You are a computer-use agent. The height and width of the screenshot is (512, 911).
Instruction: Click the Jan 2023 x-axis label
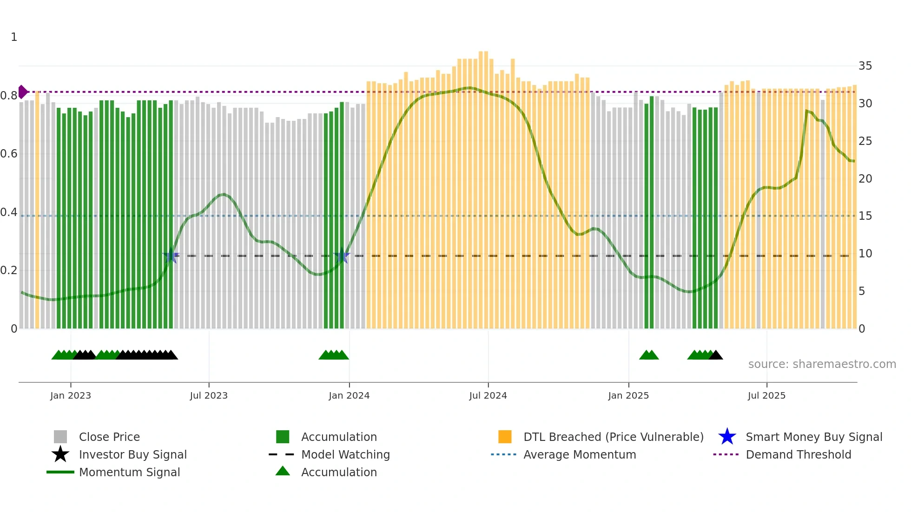click(71, 395)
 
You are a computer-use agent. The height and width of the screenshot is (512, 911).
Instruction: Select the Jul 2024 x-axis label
click(488, 395)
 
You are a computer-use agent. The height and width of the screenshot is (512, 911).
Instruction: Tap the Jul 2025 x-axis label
click(766, 395)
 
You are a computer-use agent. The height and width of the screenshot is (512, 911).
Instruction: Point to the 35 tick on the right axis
click(865, 66)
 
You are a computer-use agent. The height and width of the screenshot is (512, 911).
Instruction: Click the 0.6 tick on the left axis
click(9, 154)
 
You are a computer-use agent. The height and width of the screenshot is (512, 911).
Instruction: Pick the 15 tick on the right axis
click(865, 216)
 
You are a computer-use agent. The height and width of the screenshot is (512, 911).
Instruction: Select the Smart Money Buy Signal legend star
click(727, 437)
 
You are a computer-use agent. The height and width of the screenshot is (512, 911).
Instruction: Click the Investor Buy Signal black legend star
click(60, 454)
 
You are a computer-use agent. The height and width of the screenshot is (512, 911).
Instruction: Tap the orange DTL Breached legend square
click(505, 437)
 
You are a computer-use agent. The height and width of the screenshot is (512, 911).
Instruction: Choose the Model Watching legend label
click(345, 454)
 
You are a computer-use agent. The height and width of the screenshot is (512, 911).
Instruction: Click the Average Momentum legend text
click(580, 454)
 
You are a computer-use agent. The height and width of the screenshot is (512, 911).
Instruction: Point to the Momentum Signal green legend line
click(60, 472)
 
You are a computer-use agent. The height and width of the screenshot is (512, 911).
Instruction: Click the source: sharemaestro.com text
click(822, 364)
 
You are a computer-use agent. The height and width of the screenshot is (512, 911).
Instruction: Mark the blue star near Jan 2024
click(342, 256)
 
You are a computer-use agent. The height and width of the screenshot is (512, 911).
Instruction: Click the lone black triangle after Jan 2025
click(716, 355)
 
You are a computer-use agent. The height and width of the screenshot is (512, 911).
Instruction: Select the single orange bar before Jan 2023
click(37, 209)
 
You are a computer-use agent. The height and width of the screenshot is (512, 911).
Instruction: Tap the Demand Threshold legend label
click(798, 454)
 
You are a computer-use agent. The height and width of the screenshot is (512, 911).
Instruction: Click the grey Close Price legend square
click(60, 437)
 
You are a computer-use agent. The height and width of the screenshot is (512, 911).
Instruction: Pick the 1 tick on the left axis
click(14, 37)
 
